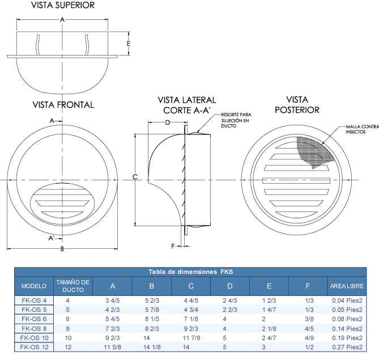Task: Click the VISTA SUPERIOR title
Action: point(63,5)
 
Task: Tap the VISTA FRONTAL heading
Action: point(63,105)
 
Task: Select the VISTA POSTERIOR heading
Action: point(297,105)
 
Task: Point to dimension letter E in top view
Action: point(129,43)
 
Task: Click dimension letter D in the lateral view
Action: point(168,122)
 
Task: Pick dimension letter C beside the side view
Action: point(135,177)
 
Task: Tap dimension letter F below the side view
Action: point(173,246)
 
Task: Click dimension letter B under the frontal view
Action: point(62,249)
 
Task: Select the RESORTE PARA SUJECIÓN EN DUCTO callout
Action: point(236,120)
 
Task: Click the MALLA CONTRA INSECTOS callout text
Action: point(362,129)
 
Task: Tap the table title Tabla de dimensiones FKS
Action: point(191,272)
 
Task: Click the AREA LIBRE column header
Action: point(347,286)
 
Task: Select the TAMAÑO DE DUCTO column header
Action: point(73,286)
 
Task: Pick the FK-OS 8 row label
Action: point(34,329)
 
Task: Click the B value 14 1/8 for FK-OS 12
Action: point(152,347)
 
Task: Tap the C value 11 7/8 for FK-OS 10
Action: point(191,338)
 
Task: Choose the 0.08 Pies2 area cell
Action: point(347,319)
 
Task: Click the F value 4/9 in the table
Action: point(309,338)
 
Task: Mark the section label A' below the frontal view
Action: point(51,238)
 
